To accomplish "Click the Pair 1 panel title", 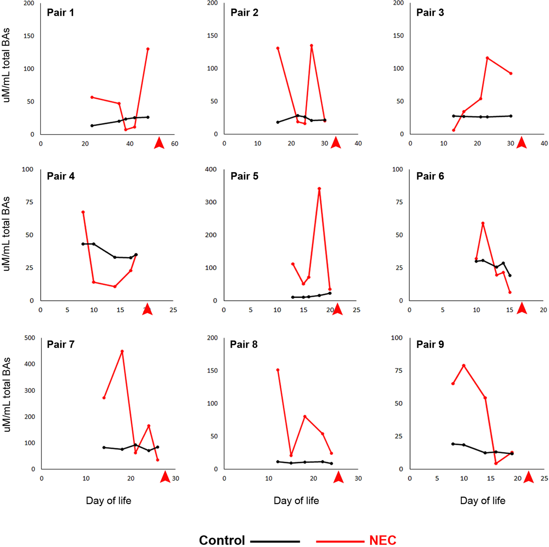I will (60, 13).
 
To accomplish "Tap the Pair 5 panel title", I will (244, 176).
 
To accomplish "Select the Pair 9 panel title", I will (430, 344).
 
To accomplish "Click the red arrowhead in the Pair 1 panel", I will (159, 143).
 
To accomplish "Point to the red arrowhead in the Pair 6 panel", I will (522, 309).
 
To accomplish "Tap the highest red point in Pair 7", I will (122, 351).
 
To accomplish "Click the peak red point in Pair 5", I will (319, 189).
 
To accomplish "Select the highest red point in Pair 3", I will (487, 58).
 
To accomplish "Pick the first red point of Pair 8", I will (278, 370).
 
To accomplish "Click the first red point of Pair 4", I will (83, 212).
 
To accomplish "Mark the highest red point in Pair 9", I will (463, 366).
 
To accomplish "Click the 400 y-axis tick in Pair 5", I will (211, 169).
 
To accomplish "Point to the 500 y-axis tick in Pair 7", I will (30, 338).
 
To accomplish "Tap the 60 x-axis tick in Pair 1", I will (175, 144).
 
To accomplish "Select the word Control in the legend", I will (222, 540).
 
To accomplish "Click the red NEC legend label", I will (382, 540).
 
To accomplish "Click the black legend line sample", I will (275, 541).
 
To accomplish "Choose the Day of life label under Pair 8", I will (296, 501).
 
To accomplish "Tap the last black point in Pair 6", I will (510, 275).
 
